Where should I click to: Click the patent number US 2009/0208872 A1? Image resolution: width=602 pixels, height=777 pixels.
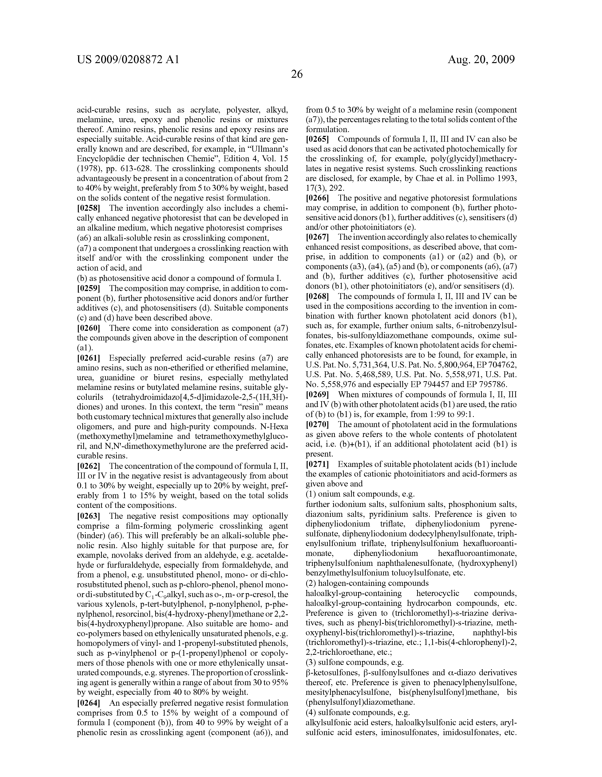[128, 59]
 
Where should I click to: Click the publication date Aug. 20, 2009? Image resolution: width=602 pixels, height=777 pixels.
[481, 59]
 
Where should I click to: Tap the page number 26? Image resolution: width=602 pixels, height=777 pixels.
[297, 74]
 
